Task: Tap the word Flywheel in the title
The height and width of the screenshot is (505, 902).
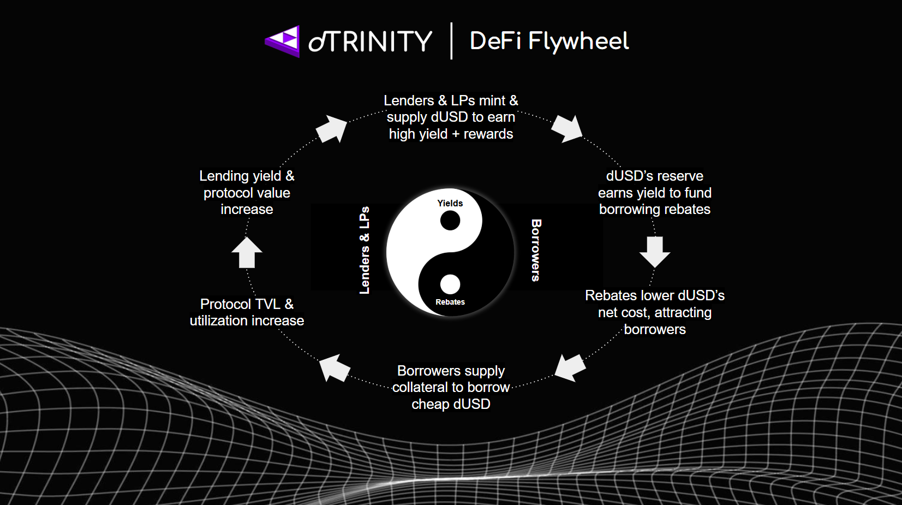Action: (578, 41)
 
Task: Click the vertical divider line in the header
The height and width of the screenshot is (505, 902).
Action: (451, 41)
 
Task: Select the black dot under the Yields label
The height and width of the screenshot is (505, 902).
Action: (450, 221)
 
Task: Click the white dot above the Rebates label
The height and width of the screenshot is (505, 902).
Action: (450, 284)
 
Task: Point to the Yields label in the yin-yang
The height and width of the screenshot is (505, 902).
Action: (450, 203)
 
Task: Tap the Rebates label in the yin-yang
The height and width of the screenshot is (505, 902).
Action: (450, 302)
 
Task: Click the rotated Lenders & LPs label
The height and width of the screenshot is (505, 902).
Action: (365, 250)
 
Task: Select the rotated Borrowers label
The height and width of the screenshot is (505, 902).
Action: (536, 250)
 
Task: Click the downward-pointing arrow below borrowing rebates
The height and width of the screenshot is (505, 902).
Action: (655, 252)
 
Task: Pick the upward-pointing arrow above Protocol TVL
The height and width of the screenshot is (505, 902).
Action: (247, 252)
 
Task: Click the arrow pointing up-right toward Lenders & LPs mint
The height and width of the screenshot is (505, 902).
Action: (332, 129)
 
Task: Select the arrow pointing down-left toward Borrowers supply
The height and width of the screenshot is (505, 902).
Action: (570, 367)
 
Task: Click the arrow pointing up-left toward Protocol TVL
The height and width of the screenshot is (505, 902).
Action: (334, 367)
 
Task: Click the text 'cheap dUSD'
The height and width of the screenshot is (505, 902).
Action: (451, 404)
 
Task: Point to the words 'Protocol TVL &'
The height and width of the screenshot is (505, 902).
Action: (247, 304)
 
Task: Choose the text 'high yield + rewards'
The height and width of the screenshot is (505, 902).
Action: (451, 134)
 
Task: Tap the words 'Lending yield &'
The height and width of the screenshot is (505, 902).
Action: (247, 176)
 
